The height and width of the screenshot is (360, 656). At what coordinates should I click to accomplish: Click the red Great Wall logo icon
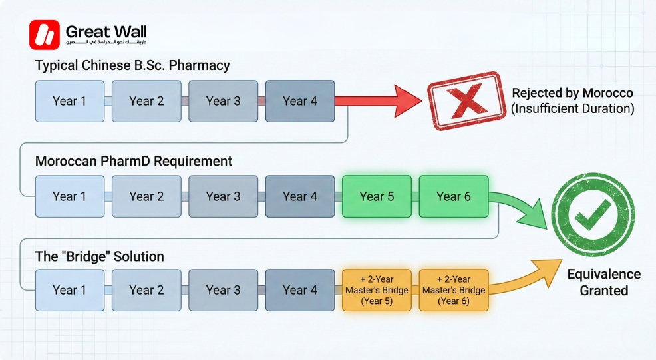click(44, 35)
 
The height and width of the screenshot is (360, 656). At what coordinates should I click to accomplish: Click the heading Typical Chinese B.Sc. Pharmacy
click(132, 65)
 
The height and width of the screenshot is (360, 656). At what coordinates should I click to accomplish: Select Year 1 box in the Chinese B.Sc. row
click(69, 101)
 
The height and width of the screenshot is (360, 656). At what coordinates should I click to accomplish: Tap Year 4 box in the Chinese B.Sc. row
click(299, 101)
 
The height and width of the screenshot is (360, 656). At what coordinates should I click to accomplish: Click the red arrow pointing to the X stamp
click(379, 101)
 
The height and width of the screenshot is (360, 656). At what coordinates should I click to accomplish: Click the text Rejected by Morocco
click(572, 93)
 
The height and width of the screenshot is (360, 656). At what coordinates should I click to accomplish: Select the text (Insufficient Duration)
click(572, 108)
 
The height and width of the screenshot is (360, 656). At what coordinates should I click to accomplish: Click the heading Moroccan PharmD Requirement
click(133, 161)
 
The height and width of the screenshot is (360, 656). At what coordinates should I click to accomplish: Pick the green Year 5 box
click(377, 196)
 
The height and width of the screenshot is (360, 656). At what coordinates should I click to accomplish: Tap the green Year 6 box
click(453, 196)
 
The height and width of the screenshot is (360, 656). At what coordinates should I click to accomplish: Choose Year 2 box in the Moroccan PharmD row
click(146, 196)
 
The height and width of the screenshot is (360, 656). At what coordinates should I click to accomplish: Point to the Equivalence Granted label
click(603, 283)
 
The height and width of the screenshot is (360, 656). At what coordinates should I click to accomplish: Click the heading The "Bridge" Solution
click(99, 256)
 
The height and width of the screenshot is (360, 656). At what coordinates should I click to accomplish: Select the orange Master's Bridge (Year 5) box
click(377, 290)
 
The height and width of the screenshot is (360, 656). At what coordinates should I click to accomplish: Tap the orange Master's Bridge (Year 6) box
click(453, 290)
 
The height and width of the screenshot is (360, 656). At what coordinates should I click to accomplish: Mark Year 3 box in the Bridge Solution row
click(223, 290)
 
